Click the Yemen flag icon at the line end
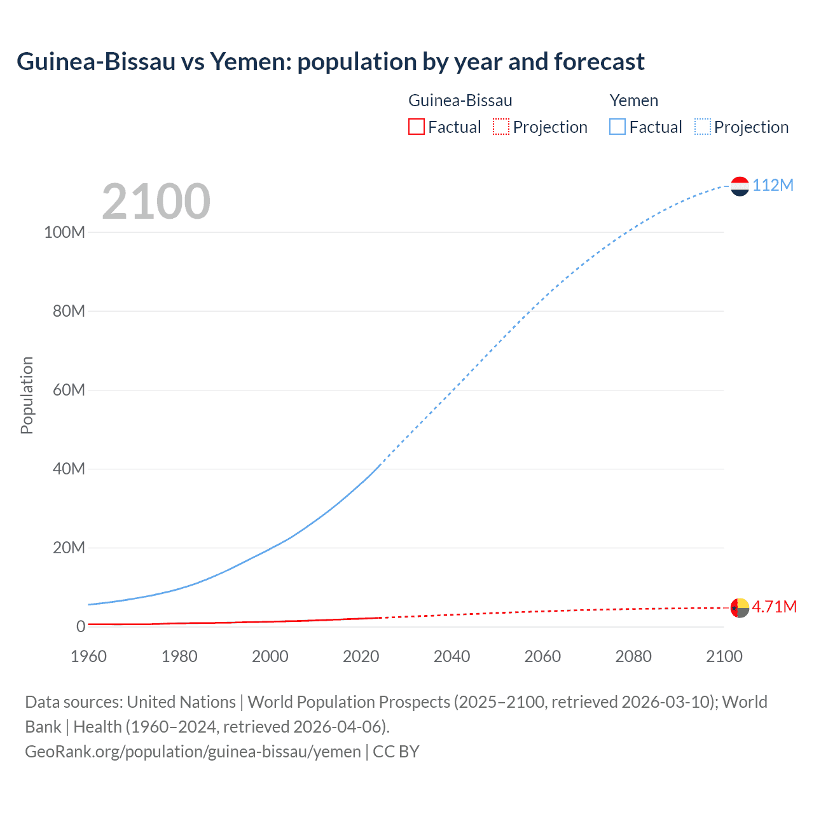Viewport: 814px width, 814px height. (x=740, y=186)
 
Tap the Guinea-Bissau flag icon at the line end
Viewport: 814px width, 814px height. (x=740, y=607)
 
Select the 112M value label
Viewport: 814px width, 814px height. (x=773, y=185)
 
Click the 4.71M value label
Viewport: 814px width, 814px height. (x=774, y=607)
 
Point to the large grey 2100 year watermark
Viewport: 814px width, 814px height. (x=156, y=202)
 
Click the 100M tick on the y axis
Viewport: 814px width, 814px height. (x=64, y=232)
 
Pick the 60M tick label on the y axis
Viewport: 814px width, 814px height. (x=69, y=390)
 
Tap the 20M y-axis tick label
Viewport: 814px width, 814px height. (x=69, y=548)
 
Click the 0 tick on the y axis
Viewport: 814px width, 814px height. (x=81, y=626)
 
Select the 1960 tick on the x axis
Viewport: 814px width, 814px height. (x=88, y=656)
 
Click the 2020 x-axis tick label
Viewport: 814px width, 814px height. (x=361, y=656)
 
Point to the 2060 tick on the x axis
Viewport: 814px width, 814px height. (x=542, y=656)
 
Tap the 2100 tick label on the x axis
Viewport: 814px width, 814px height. (x=724, y=656)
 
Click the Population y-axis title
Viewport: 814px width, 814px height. (x=27, y=395)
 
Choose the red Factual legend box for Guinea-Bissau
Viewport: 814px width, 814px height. (x=416, y=127)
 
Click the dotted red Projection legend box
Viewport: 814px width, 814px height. (x=501, y=127)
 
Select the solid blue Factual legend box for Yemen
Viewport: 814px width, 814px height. (x=617, y=127)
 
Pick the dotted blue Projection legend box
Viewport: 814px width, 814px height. (x=703, y=127)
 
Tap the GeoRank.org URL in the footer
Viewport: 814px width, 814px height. (x=193, y=752)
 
